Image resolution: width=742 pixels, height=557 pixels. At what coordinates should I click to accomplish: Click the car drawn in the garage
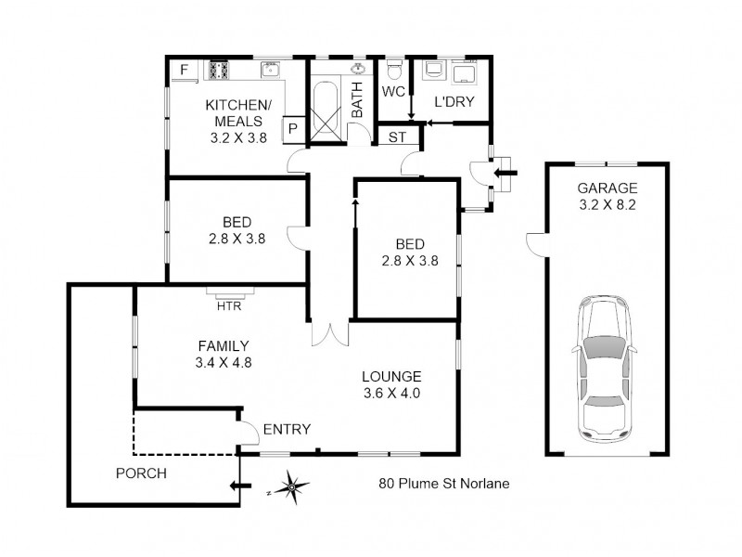605,369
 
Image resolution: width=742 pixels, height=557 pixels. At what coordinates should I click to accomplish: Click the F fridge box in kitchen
184,70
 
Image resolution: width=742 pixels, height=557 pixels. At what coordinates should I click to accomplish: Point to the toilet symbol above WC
393,70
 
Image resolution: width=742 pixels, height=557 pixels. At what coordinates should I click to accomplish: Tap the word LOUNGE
391,376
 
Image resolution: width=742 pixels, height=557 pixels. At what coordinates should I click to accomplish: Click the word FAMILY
215,345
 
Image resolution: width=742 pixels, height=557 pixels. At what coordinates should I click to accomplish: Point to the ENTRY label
287,429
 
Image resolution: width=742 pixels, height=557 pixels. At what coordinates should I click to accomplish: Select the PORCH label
141,473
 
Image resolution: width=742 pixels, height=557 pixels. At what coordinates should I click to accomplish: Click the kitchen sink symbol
270,70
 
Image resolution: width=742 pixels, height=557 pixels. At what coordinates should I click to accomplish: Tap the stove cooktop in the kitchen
219,70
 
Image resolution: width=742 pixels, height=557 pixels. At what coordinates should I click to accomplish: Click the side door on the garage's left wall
535,242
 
